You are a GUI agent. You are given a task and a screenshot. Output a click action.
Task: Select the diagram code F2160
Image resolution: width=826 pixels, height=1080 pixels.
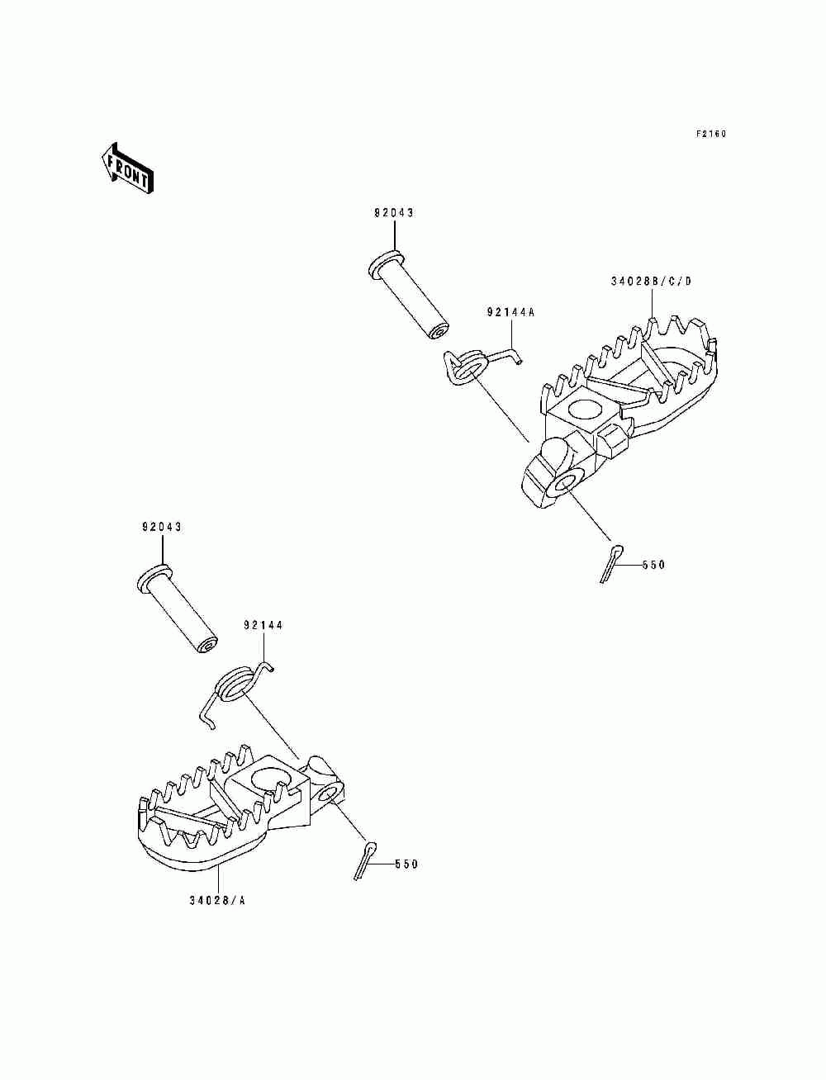coord(710,134)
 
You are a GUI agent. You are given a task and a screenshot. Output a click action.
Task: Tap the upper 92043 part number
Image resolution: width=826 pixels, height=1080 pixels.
coord(393,213)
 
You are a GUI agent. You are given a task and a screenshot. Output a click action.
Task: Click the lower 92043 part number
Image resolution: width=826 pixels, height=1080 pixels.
coord(162,527)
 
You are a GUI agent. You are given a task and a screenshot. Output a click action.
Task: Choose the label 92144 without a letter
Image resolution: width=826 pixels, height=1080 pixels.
coord(263,625)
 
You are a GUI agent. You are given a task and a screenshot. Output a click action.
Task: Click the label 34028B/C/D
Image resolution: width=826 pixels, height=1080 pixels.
coord(651,282)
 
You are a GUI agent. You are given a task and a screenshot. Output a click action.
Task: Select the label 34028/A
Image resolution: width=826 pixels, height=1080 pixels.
coord(217,900)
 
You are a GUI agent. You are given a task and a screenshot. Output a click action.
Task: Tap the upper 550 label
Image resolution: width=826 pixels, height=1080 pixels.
coord(652,566)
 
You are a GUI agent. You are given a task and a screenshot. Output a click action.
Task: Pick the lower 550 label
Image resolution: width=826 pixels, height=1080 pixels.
coord(406,864)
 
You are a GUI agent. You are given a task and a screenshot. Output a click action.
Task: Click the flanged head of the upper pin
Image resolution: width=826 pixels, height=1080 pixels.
coord(382,263)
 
